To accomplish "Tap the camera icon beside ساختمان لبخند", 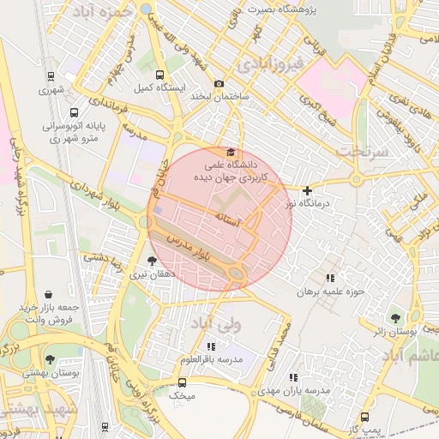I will point(219,84).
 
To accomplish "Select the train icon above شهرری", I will point(51,75).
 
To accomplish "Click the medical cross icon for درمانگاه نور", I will point(308,189).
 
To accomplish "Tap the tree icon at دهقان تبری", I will point(153,261).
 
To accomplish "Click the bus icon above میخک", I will point(182,382).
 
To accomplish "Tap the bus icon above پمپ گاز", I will point(366,417).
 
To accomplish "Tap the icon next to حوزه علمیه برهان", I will point(330,278).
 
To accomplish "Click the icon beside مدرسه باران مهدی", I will point(294,377).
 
